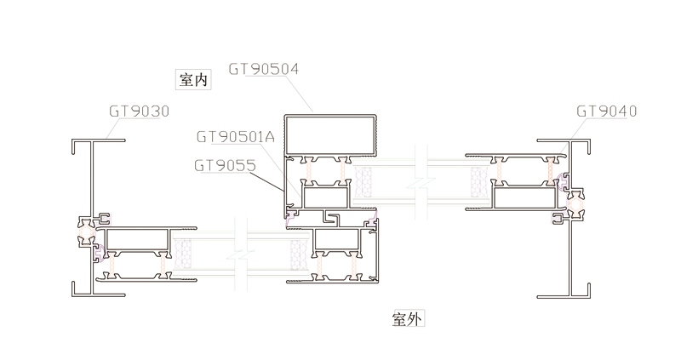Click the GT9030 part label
pos(139,111)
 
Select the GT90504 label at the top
pos(264,69)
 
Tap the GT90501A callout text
pos(236,136)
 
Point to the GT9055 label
pos(225,166)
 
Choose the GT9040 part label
pos(606,111)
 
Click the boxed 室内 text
pos(192,80)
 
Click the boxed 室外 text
pos(408,319)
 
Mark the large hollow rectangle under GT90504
pos(330,134)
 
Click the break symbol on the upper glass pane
pos(416,182)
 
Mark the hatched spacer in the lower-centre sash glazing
pos(298,253)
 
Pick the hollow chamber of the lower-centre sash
pos(341,242)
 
